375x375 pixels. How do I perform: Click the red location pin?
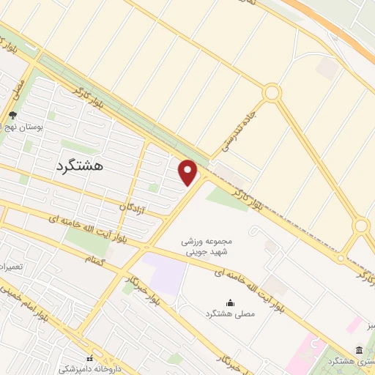(x=188, y=172)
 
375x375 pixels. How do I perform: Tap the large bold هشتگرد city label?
(x=79, y=166)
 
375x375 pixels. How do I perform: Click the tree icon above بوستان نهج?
(x=12, y=115)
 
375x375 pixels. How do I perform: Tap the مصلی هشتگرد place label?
(x=231, y=313)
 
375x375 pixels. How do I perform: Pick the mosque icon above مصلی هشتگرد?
(x=231, y=302)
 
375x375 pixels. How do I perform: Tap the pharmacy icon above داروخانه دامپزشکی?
(x=90, y=359)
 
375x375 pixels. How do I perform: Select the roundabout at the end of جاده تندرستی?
(x=272, y=93)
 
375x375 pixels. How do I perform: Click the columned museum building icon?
(x=359, y=350)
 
